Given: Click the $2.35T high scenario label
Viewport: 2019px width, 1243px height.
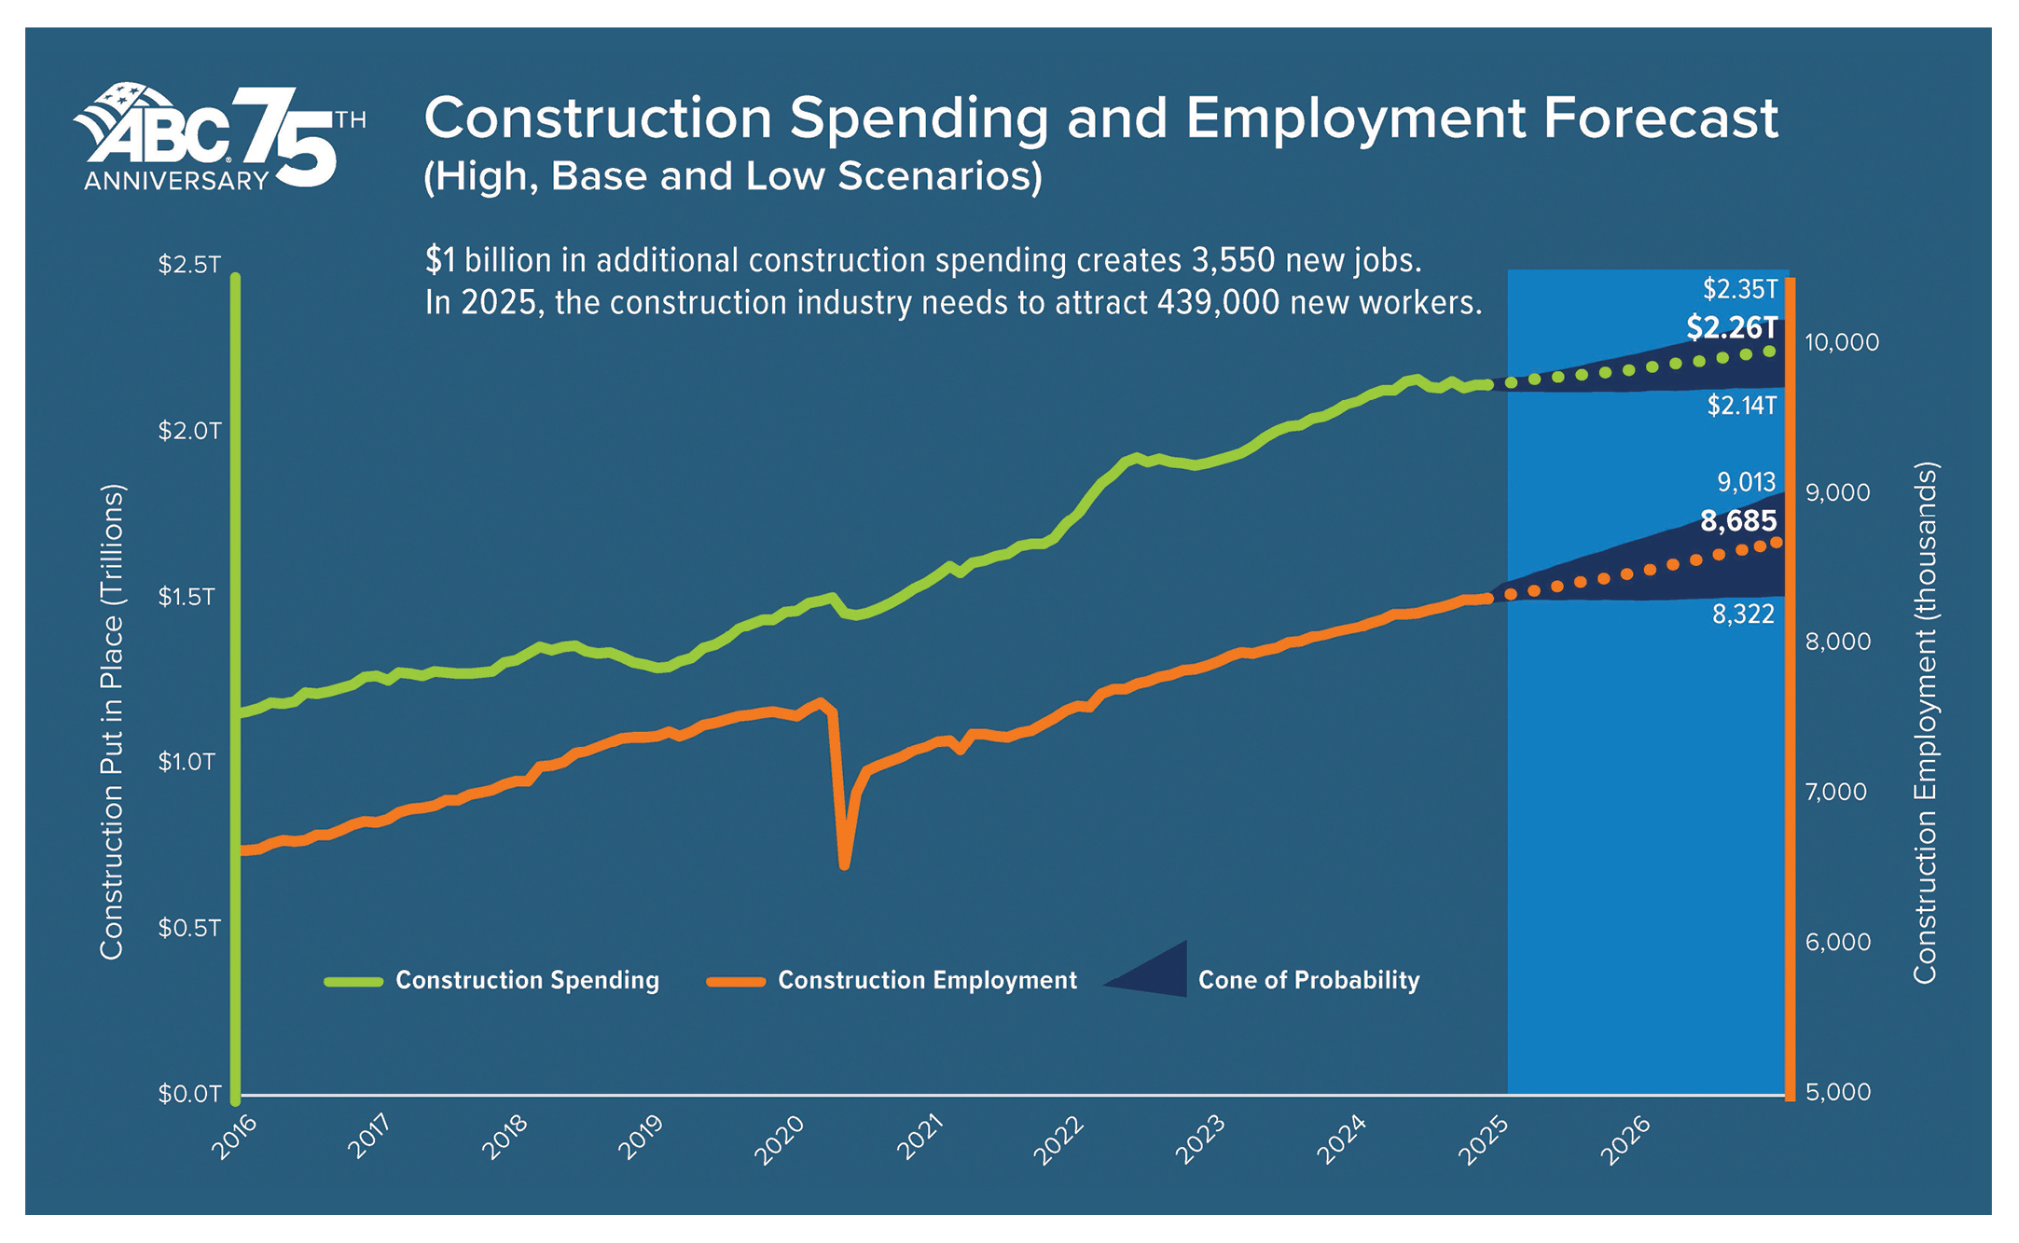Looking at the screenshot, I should (x=1740, y=289).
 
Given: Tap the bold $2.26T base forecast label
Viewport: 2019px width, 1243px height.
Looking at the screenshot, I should (x=1732, y=327).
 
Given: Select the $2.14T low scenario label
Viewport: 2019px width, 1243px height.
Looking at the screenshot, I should (x=1742, y=406).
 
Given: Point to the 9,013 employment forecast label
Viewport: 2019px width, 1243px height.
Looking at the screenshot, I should (x=1747, y=482).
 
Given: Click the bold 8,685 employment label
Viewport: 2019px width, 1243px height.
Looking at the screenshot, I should (x=1738, y=520).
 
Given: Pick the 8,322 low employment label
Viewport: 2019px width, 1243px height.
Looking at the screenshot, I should (x=1743, y=614).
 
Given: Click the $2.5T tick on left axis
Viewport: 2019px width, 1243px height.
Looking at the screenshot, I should (x=189, y=265).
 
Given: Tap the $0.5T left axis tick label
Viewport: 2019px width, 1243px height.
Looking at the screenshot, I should (x=189, y=928).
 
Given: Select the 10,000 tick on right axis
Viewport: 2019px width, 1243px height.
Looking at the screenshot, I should (x=1842, y=342).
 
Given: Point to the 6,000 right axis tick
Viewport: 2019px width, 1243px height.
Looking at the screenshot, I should (x=1838, y=942).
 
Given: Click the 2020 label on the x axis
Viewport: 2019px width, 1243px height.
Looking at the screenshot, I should (x=779, y=1139).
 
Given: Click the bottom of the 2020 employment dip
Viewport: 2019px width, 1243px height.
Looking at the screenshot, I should (x=844, y=865).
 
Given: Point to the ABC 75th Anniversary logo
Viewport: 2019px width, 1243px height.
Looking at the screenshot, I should (x=219, y=138).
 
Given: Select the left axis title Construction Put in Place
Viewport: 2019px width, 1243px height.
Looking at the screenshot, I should (x=112, y=721).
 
